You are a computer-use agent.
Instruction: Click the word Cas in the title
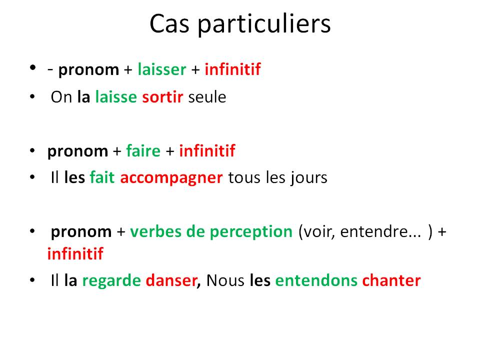(x=169, y=24)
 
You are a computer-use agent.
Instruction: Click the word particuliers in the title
(x=264, y=24)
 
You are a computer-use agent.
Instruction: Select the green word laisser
(x=162, y=69)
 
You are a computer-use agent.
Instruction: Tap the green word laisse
(x=116, y=97)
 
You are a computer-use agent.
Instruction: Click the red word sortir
(x=162, y=97)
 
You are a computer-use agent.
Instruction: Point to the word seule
(x=207, y=97)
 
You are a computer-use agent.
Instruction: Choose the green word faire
(x=143, y=151)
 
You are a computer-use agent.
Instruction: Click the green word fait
(x=102, y=177)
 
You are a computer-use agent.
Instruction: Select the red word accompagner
(x=171, y=178)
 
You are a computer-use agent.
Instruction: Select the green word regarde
(x=111, y=281)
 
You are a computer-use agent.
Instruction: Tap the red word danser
(x=171, y=280)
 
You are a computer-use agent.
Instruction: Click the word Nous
(x=225, y=280)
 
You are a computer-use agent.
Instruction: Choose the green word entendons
(x=316, y=280)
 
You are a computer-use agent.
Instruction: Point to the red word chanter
(x=391, y=280)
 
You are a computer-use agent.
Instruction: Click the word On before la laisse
(x=61, y=97)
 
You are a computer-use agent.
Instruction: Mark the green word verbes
(x=155, y=231)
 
